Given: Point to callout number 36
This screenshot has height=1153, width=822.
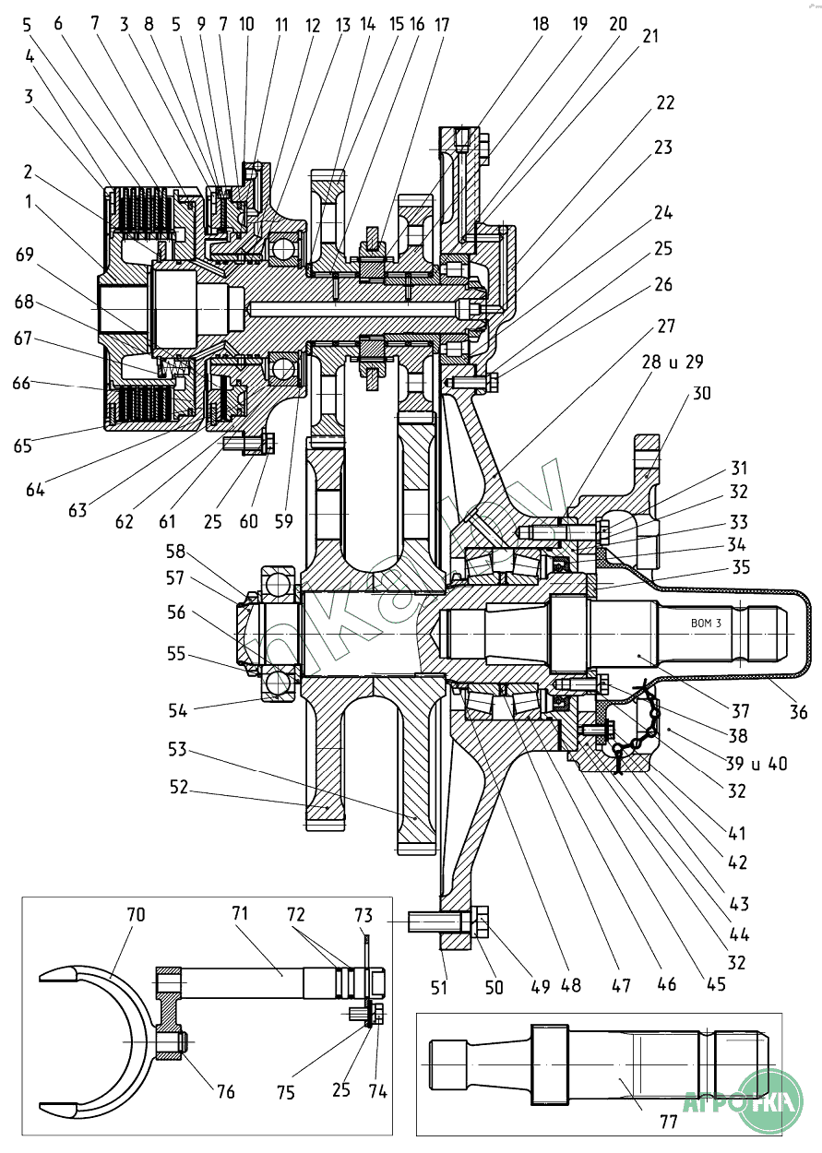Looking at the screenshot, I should coord(798,711).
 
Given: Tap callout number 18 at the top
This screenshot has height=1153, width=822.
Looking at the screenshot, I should coord(540,24).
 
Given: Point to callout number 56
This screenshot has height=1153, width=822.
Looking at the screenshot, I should coord(175,613).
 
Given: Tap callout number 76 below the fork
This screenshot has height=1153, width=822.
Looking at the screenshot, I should coord(225,1092).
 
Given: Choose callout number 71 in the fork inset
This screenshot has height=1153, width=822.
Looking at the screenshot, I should coord(241,915).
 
